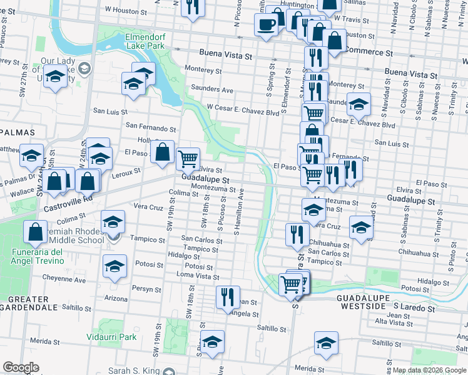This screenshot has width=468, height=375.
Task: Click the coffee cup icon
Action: (x=266, y=25)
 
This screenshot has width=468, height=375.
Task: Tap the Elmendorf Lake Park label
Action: (x=145, y=41)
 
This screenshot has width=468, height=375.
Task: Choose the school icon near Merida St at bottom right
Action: (x=325, y=343)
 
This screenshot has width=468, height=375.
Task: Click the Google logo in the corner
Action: (x=21, y=367)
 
